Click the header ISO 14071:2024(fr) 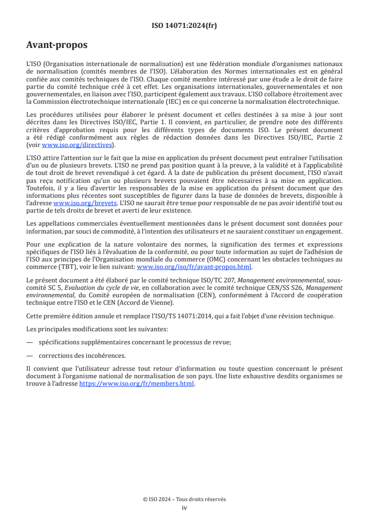tap(184, 26)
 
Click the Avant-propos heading tap(57, 46)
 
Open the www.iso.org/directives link tap(76, 145)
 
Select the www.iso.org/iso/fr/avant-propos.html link tap(194, 267)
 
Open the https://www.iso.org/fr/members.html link tap(137, 384)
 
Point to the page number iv tap(184, 508)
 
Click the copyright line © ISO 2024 tap(184, 499)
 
